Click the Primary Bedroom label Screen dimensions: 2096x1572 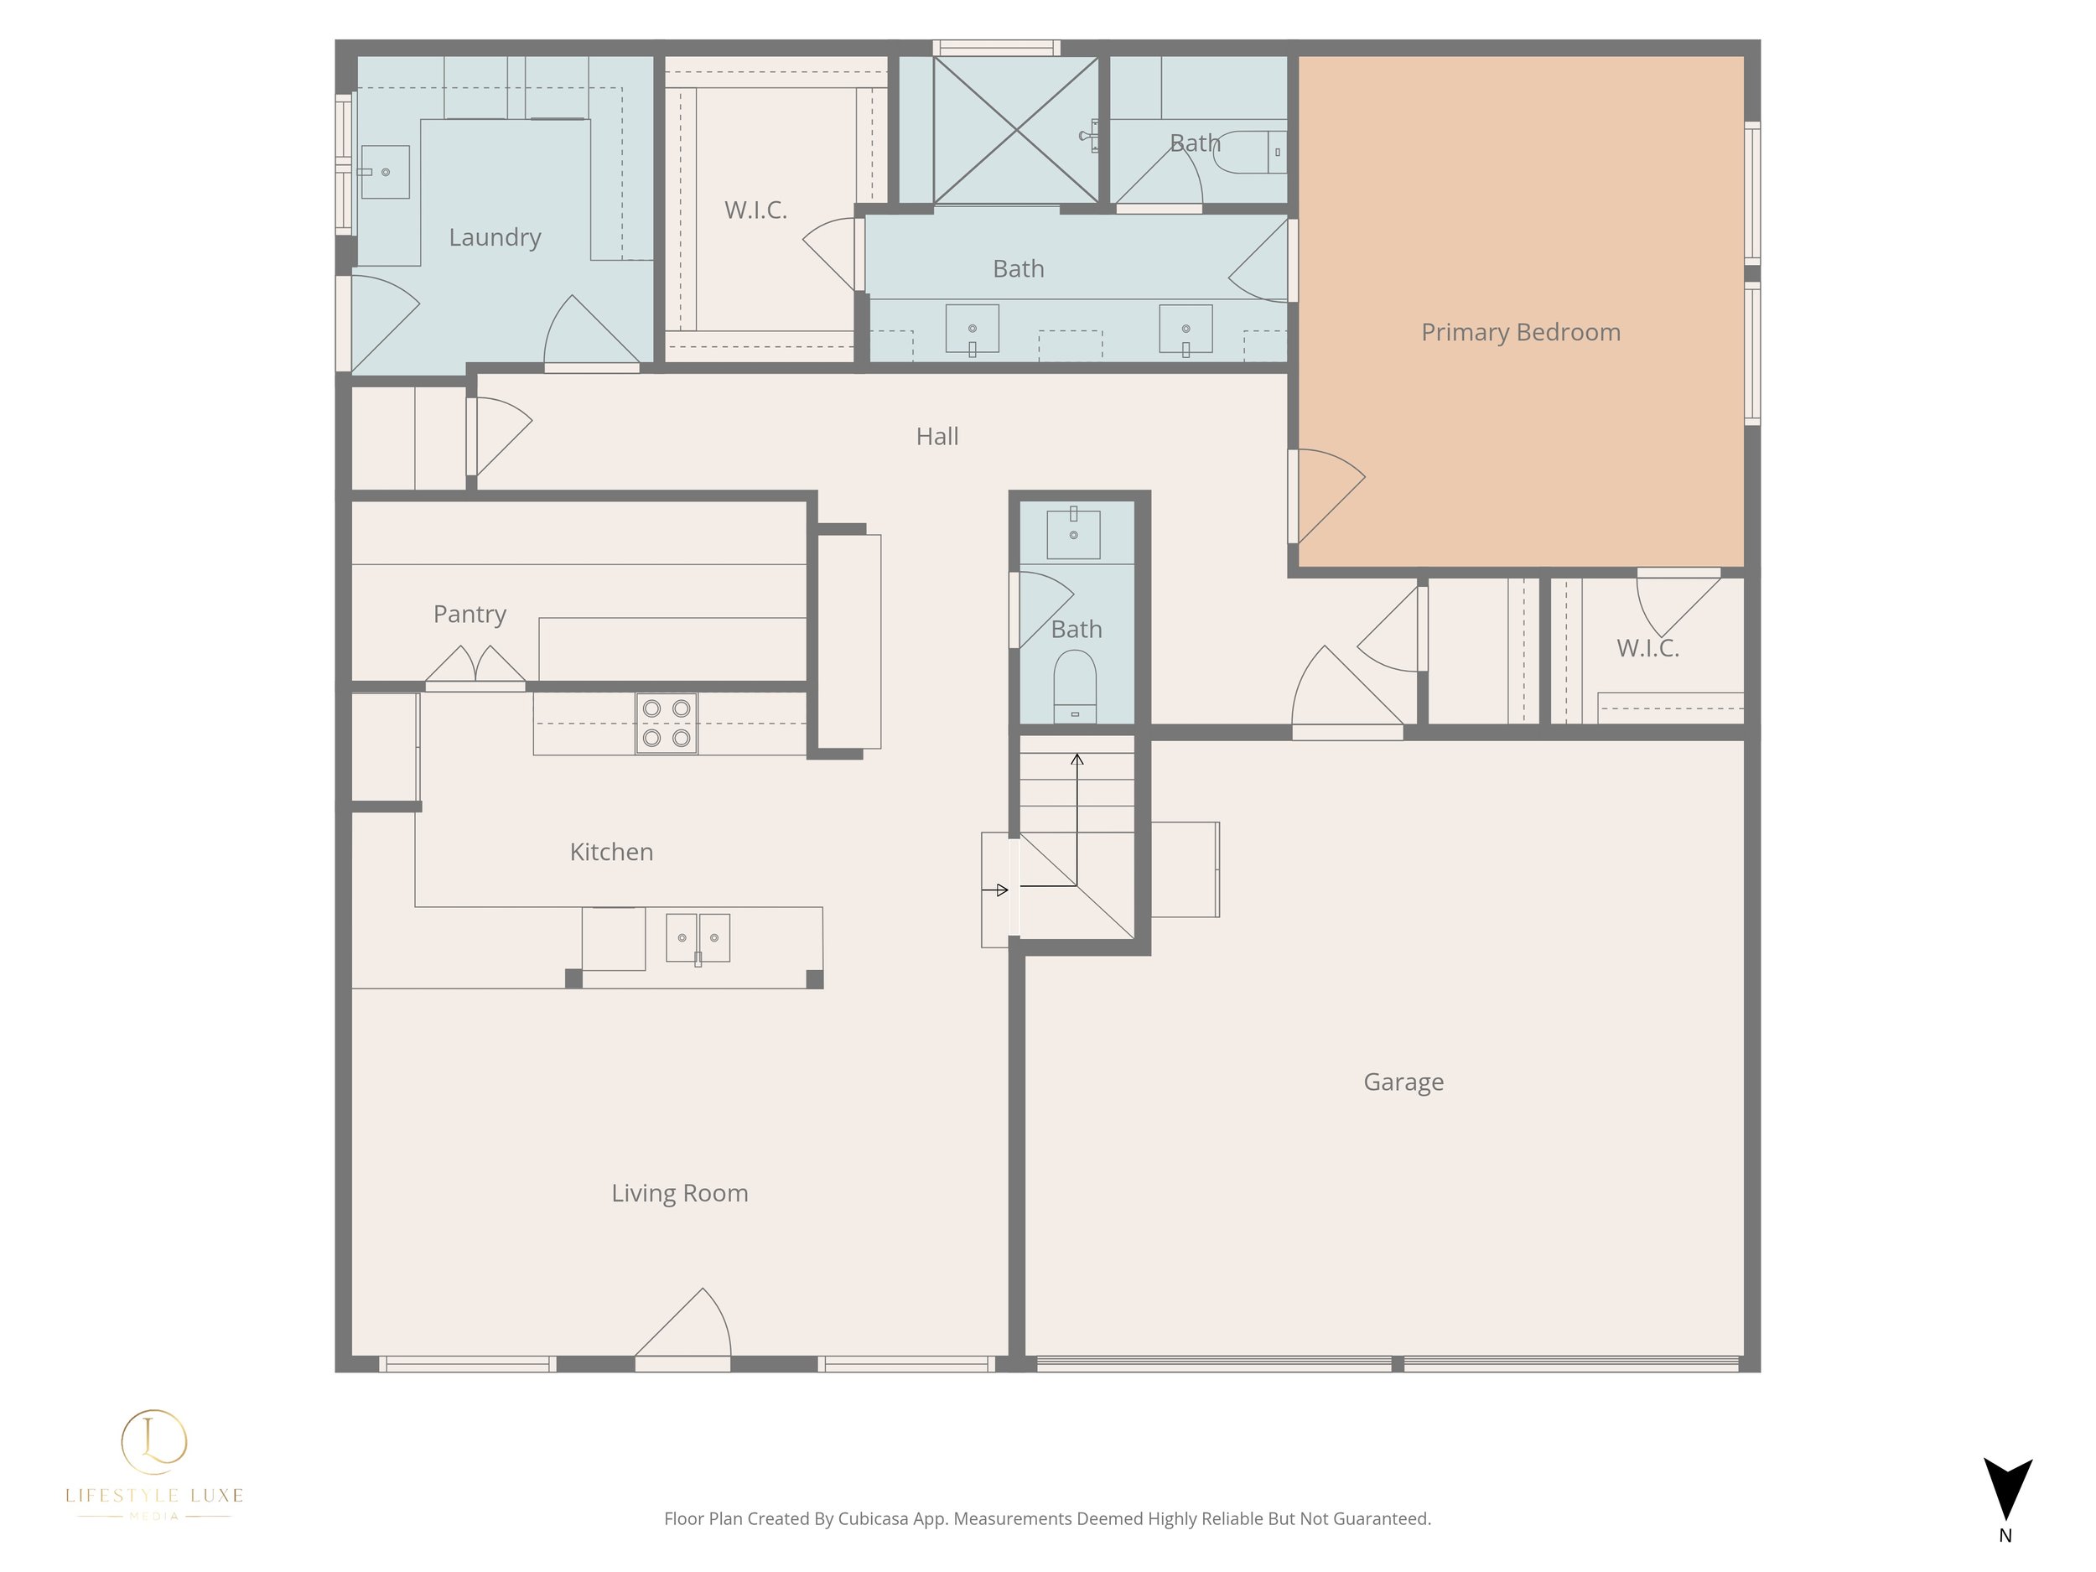(1521, 333)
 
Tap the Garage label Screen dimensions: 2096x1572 (1403, 1082)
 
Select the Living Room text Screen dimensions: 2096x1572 (679, 1193)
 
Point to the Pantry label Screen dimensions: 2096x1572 (470, 614)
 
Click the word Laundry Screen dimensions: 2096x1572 (495, 237)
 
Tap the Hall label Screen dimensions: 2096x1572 (937, 436)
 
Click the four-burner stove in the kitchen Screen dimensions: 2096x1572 (667, 724)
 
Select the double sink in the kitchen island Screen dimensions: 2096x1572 (698, 938)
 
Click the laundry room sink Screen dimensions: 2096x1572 (385, 173)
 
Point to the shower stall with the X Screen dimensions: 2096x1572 (1016, 130)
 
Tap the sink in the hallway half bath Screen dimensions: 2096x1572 (1074, 533)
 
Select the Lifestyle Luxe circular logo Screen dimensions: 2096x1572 (154, 1442)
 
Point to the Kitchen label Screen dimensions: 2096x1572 (611, 852)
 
